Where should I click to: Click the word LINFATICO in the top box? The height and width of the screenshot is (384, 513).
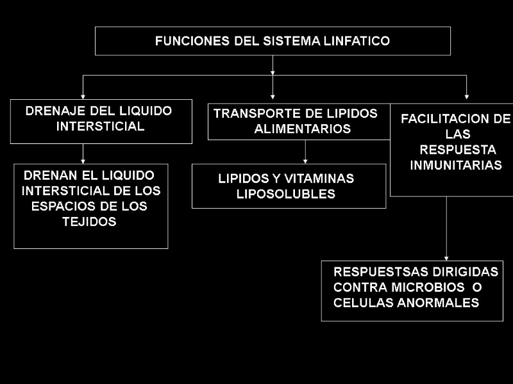click(x=360, y=42)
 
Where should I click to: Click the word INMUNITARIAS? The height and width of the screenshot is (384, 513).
click(x=456, y=165)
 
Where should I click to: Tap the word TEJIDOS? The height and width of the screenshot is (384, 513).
click(x=89, y=222)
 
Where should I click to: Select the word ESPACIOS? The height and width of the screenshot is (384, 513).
click(x=60, y=207)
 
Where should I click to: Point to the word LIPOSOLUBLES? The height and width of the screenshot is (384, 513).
click(x=286, y=194)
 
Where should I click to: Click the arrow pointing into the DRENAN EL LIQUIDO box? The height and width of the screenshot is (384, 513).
click(x=83, y=160)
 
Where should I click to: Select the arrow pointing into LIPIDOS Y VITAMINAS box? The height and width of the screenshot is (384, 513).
click(x=305, y=160)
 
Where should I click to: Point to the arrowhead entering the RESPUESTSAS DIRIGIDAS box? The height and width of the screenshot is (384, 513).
click(x=447, y=256)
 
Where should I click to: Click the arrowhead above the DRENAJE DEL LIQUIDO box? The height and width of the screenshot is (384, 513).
click(x=83, y=94)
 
